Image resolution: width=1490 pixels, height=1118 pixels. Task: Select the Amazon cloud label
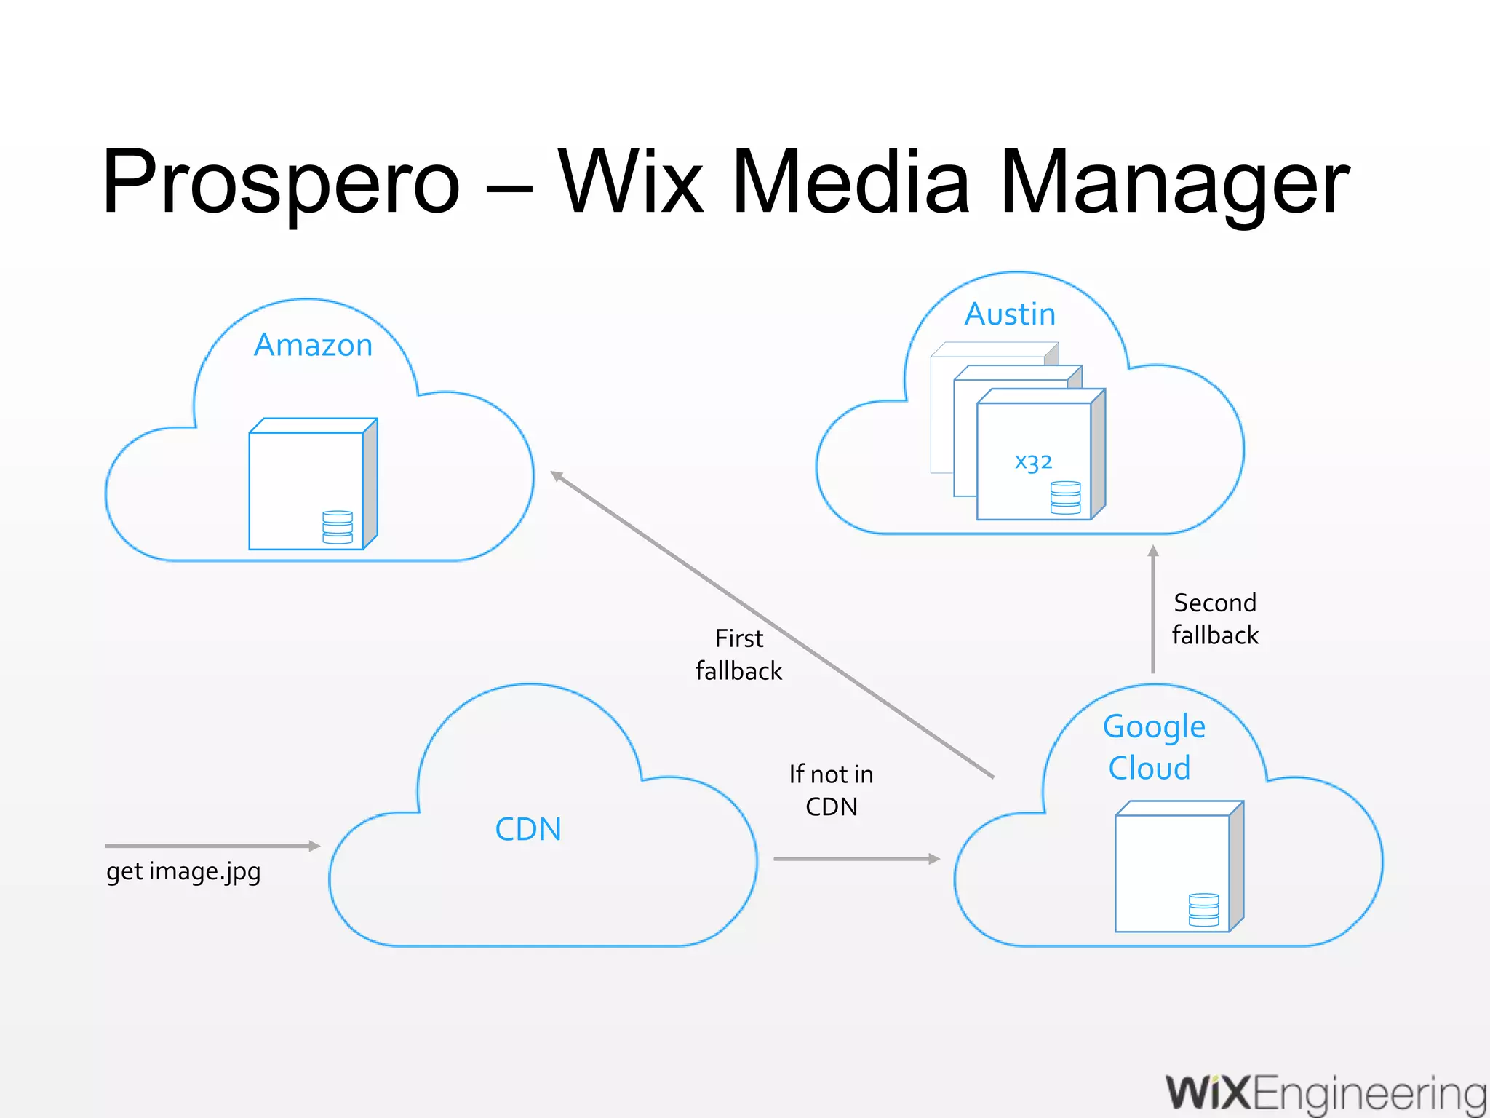click(x=313, y=345)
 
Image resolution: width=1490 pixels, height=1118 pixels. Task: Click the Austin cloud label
click(x=1010, y=314)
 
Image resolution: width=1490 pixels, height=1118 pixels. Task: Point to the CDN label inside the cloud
click(x=528, y=829)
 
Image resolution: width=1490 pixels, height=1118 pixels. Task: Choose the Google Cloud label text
click(x=1152, y=747)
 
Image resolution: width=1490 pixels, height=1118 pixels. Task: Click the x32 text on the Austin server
click(x=1033, y=461)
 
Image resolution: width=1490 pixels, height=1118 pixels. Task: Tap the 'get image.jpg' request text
click(x=183, y=871)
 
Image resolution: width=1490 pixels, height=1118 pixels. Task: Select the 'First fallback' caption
click(x=738, y=654)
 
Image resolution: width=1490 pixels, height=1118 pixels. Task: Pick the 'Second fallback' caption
click(x=1215, y=619)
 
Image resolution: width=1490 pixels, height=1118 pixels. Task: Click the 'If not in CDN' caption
click(x=832, y=790)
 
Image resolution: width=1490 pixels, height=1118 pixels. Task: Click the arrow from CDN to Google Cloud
click(x=856, y=859)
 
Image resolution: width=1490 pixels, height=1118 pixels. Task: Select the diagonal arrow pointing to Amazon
click(x=771, y=625)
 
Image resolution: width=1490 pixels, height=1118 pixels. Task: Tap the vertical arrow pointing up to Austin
click(x=1153, y=610)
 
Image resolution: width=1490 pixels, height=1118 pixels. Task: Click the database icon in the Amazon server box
click(x=338, y=527)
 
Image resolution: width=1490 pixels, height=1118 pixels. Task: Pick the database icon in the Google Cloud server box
click(x=1203, y=909)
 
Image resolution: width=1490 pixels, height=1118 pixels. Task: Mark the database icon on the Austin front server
click(x=1066, y=498)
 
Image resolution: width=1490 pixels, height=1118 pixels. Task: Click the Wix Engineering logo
click(x=1326, y=1094)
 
